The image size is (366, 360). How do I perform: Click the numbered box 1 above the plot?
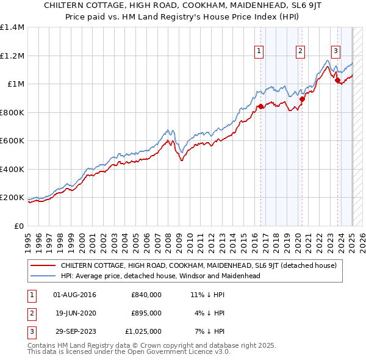click(260, 52)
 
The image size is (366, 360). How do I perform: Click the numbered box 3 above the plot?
click(336, 52)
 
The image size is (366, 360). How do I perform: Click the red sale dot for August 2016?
click(260, 107)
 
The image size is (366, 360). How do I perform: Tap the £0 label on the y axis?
click(18, 226)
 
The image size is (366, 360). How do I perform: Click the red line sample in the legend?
click(43, 265)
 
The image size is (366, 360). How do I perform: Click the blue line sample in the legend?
click(43, 276)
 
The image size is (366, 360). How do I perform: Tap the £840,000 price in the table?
click(146, 295)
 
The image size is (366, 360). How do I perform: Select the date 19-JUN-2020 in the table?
click(74, 313)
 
